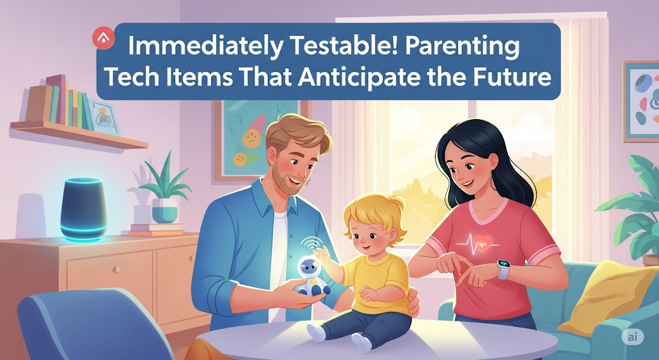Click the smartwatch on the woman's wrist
click(x=503, y=269)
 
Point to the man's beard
click(x=286, y=178)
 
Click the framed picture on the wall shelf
click(x=104, y=118)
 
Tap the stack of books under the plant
click(x=157, y=230)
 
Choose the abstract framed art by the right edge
click(x=640, y=101)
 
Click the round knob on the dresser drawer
click(x=113, y=270)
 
